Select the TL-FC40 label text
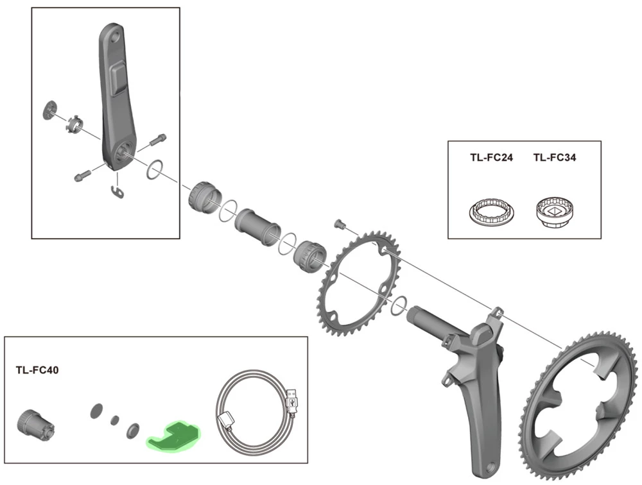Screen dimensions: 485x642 tap(37, 370)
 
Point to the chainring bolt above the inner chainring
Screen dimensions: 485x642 tap(340, 224)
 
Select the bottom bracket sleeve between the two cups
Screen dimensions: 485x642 tap(257, 225)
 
